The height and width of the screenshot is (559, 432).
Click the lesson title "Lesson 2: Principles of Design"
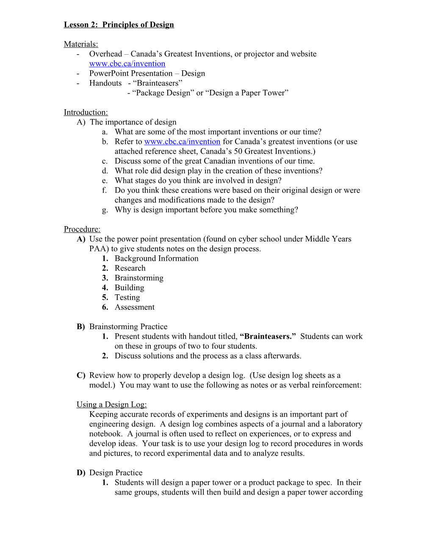119,25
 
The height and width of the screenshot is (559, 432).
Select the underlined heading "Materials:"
81,44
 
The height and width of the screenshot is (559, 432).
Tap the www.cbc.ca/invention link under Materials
127,64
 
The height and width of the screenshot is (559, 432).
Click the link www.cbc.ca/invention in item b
182,141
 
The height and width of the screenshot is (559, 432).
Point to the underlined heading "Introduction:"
86,112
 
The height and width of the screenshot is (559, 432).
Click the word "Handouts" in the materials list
105,83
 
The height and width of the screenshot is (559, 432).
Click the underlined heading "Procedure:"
82,229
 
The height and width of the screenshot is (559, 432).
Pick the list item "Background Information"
156,258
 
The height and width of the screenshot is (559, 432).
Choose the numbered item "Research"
130,268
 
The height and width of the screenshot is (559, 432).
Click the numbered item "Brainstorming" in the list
139,278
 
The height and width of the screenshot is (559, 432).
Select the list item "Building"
129,288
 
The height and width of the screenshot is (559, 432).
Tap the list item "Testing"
127,297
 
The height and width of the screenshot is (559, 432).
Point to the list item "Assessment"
134,307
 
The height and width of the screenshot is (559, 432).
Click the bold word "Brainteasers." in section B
268,336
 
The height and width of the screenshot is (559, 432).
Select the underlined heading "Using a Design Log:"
111,404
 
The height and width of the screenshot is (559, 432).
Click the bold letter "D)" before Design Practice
81,473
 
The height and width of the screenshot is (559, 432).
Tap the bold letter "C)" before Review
81,375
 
